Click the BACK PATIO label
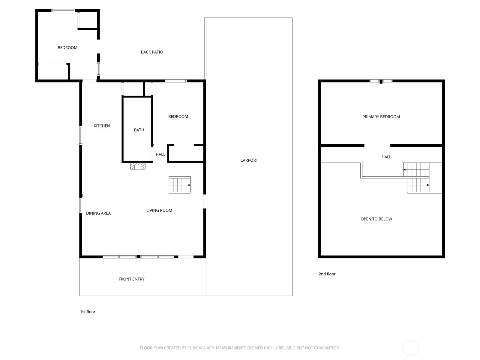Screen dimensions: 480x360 click(152, 52)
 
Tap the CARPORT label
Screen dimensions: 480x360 click(249, 160)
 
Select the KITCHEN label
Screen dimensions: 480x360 click(102, 126)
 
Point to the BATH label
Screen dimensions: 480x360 click(139, 130)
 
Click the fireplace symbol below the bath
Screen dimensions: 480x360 click(138, 166)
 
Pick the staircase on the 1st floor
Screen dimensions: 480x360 click(179, 185)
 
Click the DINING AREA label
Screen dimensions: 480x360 click(98, 213)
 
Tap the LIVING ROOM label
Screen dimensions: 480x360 click(159, 210)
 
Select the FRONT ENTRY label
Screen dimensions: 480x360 click(131, 279)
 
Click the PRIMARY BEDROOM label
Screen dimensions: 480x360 click(381, 117)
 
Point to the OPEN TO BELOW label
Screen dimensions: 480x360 click(376, 219)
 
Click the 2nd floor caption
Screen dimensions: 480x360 click(327, 274)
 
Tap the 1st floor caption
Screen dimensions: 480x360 click(88, 312)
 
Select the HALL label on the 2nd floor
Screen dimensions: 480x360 click(386, 157)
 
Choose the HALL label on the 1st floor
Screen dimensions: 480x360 click(160, 154)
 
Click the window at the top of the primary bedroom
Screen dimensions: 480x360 click(381, 81)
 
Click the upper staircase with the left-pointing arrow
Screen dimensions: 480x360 click(416, 169)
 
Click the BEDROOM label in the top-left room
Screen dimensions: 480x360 click(67, 48)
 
